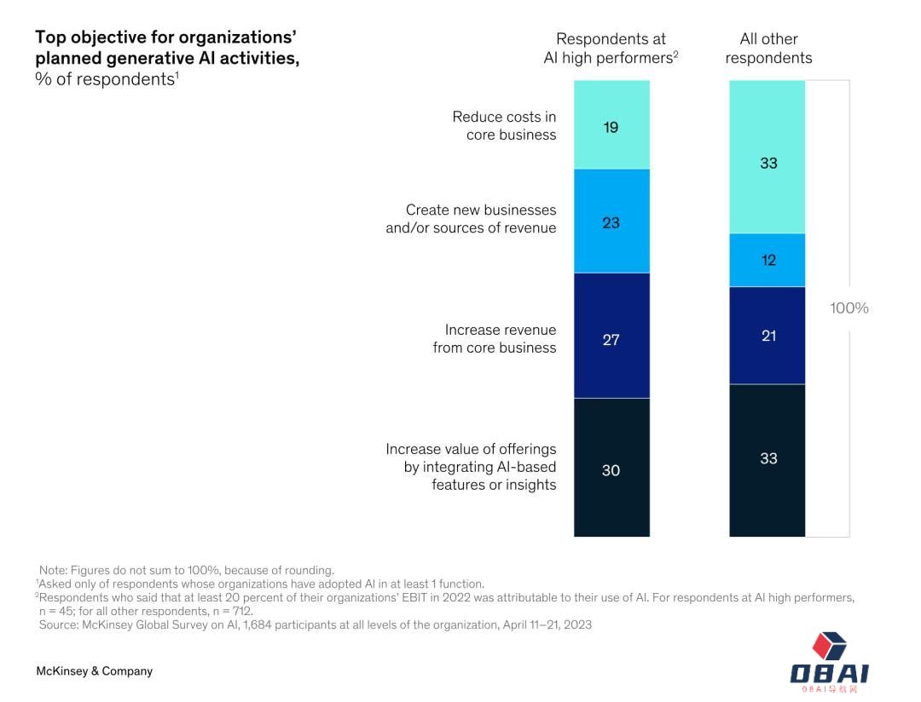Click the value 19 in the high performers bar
(x=611, y=128)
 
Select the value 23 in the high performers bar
(x=611, y=223)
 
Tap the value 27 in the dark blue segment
(x=611, y=340)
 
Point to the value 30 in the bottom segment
(x=611, y=470)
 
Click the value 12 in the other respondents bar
(x=768, y=261)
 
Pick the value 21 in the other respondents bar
(x=768, y=336)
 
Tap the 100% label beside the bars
(x=849, y=308)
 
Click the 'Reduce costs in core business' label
(x=504, y=126)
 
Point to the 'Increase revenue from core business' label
(x=495, y=339)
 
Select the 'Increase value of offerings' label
(x=471, y=467)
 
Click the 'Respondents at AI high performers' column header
(x=611, y=49)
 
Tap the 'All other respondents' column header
(x=768, y=49)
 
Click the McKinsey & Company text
(x=94, y=671)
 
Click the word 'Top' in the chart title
(x=49, y=37)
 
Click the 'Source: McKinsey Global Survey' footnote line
(x=315, y=624)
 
